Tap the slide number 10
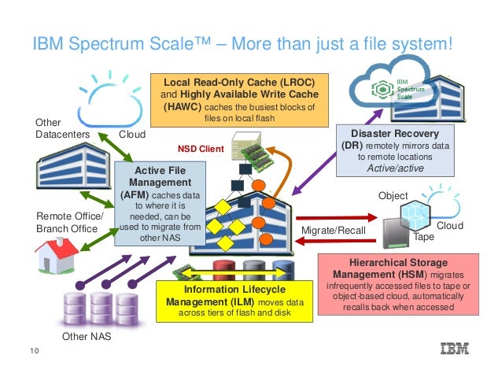pyautogui.click(x=33, y=350)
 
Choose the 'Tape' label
pyautogui.click(x=424, y=236)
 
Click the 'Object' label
pyautogui.click(x=393, y=195)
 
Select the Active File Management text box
pyautogui.click(x=160, y=202)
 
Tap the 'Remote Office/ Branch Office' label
pyautogui.click(x=69, y=222)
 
